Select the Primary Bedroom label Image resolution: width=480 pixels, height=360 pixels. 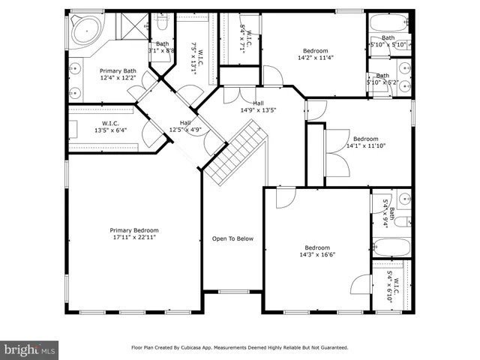tap(134, 230)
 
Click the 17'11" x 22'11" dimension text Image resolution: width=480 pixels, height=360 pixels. tap(134, 238)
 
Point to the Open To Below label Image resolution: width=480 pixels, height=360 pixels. tap(232, 239)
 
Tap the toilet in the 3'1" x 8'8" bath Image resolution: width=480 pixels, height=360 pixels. tap(162, 26)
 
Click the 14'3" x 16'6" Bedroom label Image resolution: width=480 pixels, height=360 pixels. tap(316, 248)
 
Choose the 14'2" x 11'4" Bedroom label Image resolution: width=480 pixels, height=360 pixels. tap(314, 50)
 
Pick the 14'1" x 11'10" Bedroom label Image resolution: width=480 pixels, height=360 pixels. tap(366, 139)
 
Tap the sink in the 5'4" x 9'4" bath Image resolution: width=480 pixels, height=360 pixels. tap(403, 199)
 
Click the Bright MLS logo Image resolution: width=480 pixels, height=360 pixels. tap(30, 349)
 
